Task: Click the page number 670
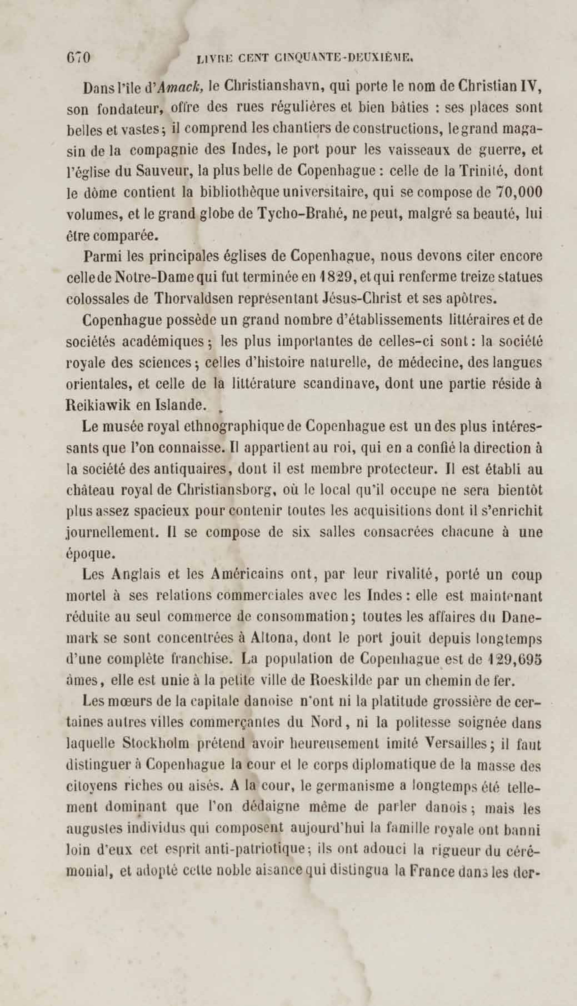pos(79,58)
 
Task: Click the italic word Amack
pos(181,87)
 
